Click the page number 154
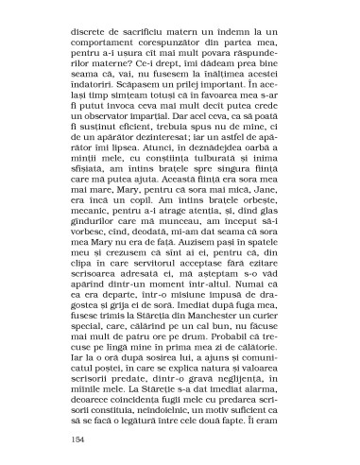79,440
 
